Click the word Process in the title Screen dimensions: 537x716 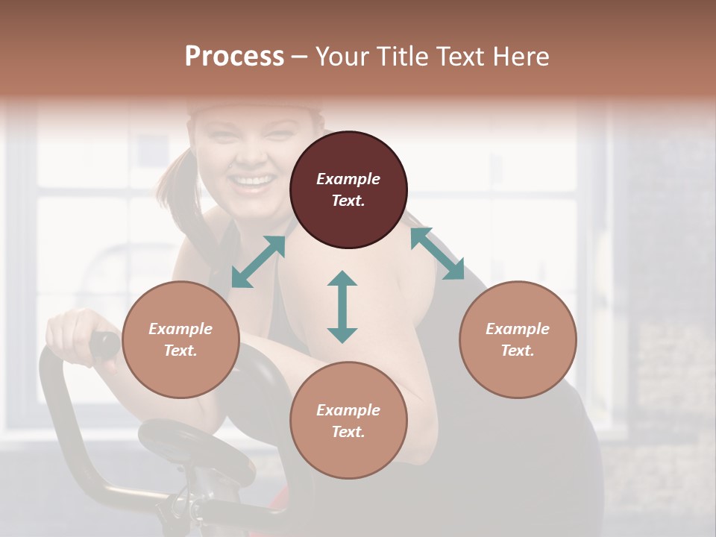pyautogui.click(x=234, y=56)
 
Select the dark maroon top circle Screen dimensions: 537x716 pyautogui.click(x=348, y=189)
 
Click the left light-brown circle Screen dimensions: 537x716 pyautogui.click(x=180, y=340)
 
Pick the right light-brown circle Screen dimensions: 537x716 pyautogui.click(x=518, y=340)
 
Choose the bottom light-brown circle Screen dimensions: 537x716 pyautogui.click(x=348, y=421)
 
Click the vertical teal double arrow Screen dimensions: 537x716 pyautogui.click(x=342, y=307)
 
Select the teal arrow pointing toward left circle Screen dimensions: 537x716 pyautogui.click(x=258, y=262)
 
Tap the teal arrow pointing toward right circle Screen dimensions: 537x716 pyautogui.click(x=437, y=254)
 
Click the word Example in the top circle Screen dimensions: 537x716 pyautogui.click(x=348, y=179)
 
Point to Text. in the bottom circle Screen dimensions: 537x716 pyautogui.click(x=348, y=432)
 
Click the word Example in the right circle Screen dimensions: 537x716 pyautogui.click(x=518, y=329)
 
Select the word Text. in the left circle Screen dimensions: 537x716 pyautogui.click(x=180, y=351)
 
